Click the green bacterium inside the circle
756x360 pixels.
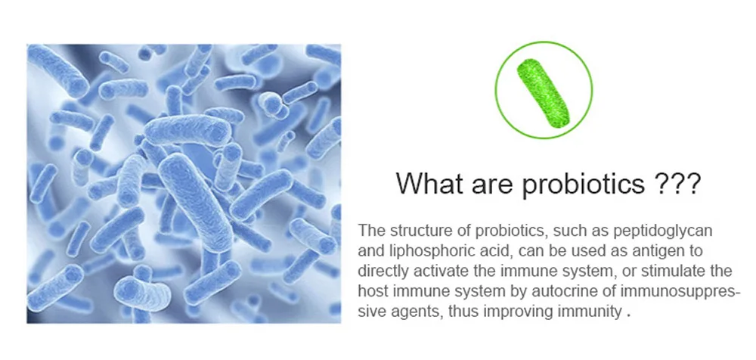pos(543,93)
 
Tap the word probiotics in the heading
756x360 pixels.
pos(584,183)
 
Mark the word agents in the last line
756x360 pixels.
pos(417,312)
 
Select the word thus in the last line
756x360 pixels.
pos(463,312)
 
